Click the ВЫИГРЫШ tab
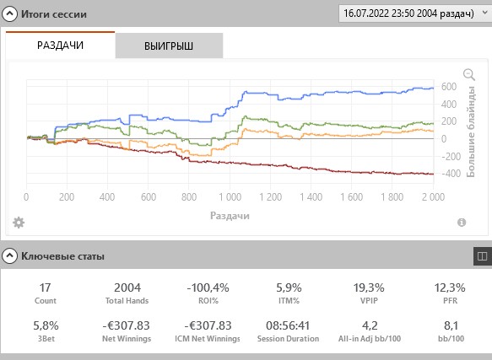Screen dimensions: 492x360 [x=169, y=46]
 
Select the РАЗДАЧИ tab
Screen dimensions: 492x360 [x=60, y=46]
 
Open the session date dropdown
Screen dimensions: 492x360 [x=415, y=13]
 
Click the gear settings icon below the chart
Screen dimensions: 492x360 [x=19, y=223]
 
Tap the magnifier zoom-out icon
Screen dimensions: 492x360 [x=469, y=75]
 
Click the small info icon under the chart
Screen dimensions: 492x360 [x=462, y=223]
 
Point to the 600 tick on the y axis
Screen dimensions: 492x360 [x=449, y=87]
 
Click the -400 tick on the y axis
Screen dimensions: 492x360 [x=451, y=173]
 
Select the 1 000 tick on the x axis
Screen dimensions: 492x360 [x=230, y=197]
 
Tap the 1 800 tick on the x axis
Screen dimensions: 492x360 [x=392, y=197]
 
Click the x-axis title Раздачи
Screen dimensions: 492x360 [x=230, y=216]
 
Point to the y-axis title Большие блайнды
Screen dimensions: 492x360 [x=471, y=132]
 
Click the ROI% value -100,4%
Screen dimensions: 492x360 [x=208, y=287]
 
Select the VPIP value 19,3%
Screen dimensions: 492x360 [x=369, y=287]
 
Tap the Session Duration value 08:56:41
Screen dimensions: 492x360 [x=288, y=325]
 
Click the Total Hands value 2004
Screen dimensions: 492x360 [x=127, y=287]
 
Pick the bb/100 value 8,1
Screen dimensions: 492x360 [x=451, y=325]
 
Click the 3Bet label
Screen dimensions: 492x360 [x=46, y=339]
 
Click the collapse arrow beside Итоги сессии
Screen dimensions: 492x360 [x=10, y=13]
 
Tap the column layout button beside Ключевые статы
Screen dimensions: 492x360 [x=482, y=256]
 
